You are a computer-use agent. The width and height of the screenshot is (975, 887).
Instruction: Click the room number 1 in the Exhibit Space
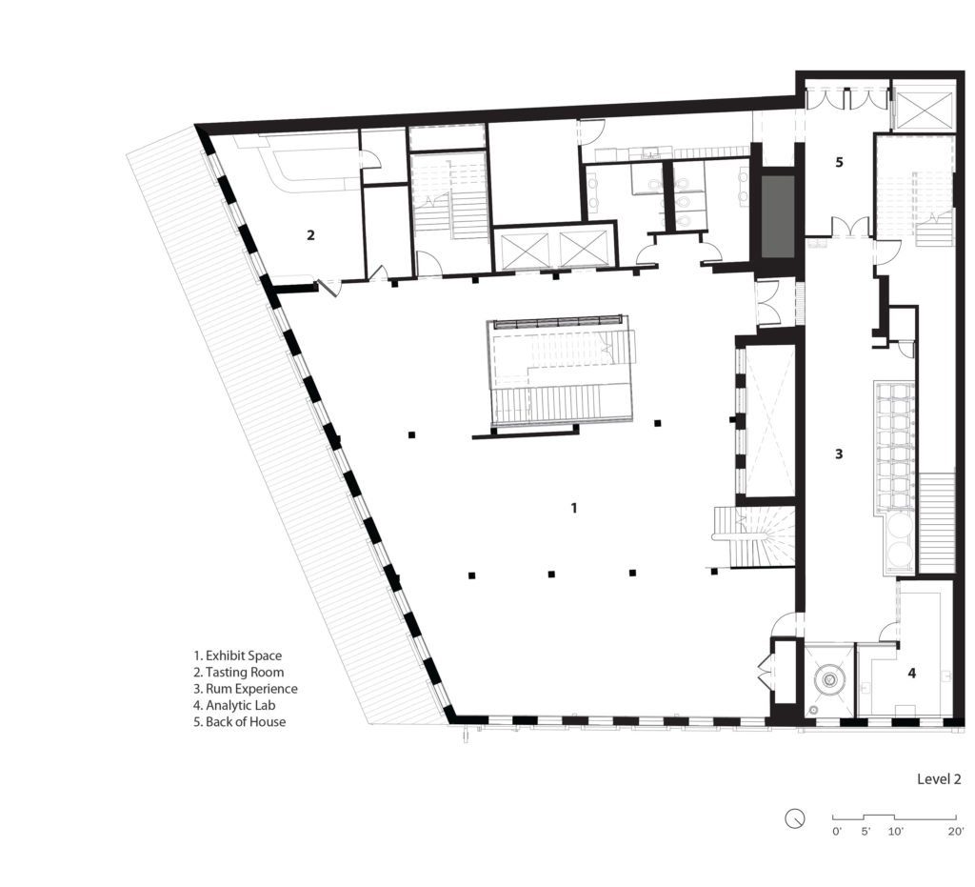coord(573,508)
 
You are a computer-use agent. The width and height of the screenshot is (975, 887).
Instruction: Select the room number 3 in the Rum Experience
coord(838,454)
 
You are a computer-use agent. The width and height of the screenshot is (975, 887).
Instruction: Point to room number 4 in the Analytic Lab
coord(911,674)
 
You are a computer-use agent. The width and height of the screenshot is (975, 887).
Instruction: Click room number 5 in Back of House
coord(839,162)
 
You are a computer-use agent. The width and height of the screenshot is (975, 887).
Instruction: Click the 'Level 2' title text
coord(938,778)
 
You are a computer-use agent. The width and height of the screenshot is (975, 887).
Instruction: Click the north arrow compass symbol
coord(795,818)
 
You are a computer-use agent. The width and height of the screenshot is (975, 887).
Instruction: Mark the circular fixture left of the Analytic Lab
coord(829,680)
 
